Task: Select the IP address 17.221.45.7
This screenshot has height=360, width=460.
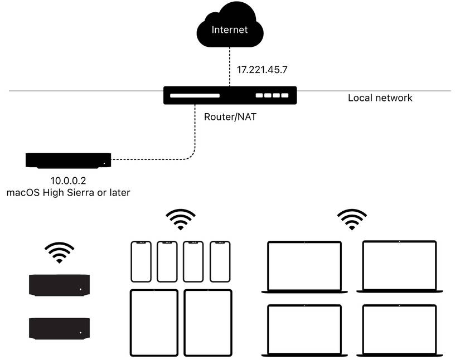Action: point(263,70)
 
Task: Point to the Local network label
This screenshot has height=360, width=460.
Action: point(380,98)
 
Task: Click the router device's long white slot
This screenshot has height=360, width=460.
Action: point(195,96)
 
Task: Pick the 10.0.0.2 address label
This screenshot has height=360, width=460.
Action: point(68,181)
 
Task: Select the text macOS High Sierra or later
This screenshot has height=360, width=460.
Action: point(68,193)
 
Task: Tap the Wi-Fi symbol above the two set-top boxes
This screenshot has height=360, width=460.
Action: point(59,252)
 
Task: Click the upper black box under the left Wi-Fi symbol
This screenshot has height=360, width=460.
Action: point(59,284)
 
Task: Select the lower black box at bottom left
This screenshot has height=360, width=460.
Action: point(59,328)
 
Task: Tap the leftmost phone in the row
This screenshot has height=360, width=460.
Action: point(141,261)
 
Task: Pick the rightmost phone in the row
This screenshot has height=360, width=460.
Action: point(220,261)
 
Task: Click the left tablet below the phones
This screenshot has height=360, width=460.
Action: point(154,322)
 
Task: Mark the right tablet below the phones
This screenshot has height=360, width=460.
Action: point(207,322)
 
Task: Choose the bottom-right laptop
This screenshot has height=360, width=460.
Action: point(399,330)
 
